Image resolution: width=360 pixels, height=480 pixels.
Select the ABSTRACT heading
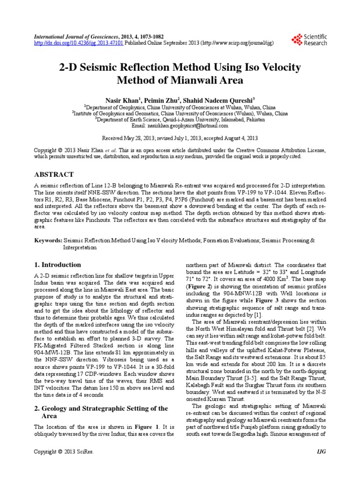(x=54, y=174)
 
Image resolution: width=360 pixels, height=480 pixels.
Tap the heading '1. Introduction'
(x=58, y=264)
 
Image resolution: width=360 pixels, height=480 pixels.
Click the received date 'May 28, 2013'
(x=136, y=139)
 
